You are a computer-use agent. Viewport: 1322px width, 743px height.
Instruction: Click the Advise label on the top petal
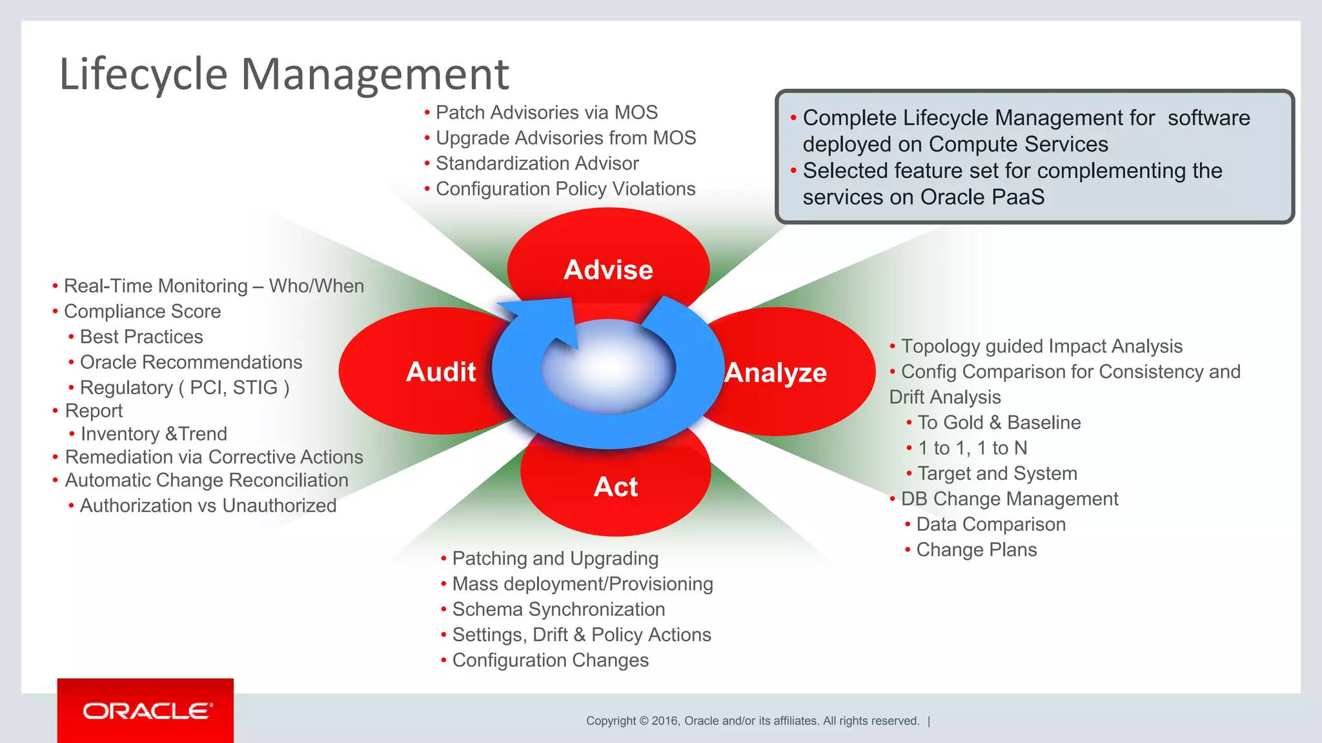(608, 270)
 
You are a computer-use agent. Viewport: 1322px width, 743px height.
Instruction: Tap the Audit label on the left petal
(441, 372)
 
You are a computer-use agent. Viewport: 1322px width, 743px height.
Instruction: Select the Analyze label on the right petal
(775, 373)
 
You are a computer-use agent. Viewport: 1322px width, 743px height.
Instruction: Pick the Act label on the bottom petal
(615, 487)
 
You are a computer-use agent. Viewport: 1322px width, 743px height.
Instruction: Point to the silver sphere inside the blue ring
(608, 368)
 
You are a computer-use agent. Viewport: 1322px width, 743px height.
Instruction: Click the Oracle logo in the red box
(147, 711)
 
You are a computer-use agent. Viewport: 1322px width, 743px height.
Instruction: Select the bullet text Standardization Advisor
(537, 163)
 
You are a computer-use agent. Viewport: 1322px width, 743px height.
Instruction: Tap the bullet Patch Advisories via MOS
(546, 112)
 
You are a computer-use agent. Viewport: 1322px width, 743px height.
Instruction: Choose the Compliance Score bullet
(142, 312)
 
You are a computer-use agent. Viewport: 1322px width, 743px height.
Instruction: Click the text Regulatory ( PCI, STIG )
(185, 388)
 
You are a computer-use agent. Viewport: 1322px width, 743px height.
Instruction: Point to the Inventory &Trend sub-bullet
(154, 434)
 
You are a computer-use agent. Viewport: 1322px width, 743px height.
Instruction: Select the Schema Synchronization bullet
(558, 609)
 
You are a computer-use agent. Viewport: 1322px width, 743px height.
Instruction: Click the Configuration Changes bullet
(550, 660)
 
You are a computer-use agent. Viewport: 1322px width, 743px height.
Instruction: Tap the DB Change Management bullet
(1010, 499)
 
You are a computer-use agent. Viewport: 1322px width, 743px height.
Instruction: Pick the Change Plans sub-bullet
(976, 550)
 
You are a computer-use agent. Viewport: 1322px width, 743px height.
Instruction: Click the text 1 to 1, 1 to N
(972, 448)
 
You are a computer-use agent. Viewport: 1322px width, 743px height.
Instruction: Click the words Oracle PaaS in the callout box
(982, 197)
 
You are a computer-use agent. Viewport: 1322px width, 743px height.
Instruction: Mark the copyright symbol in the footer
(644, 721)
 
